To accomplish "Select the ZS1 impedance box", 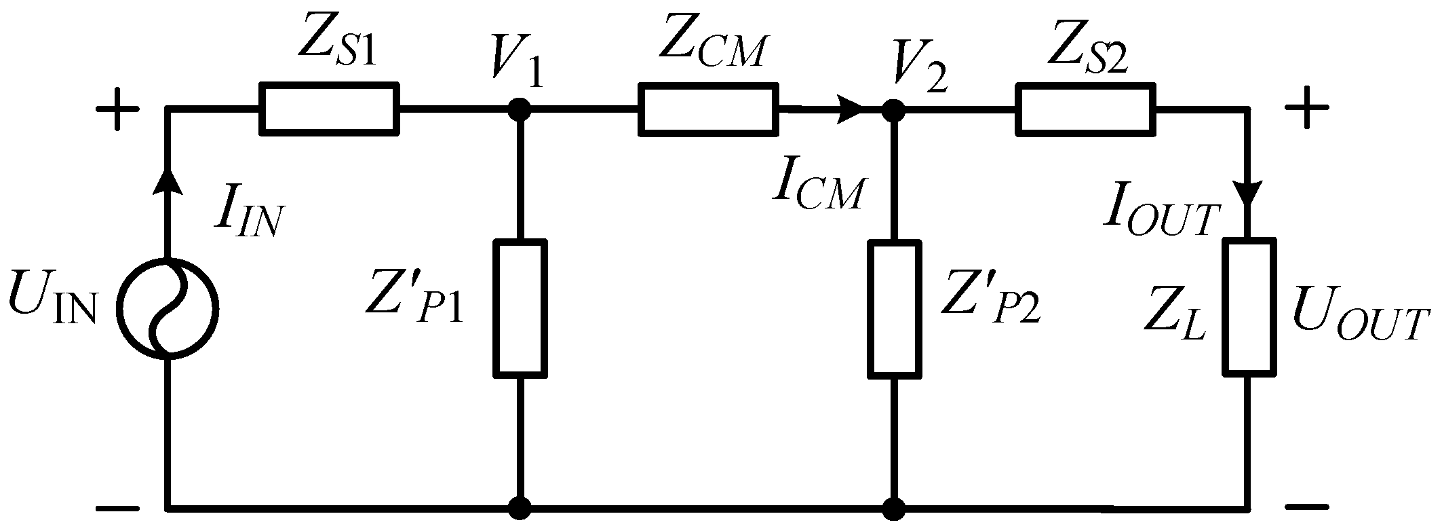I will pyautogui.click(x=328, y=108).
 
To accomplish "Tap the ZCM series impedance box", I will pyautogui.click(x=707, y=108).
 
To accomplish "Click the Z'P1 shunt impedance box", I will pyautogui.click(x=520, y=308).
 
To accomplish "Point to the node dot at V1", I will pyautogui.click(x=520, y=108).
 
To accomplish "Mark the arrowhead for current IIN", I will pyautogui.click(x=168, y=182).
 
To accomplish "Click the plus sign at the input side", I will pyautogui.click(x=117, y=109).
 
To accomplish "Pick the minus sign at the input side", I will pyautogui.click(x=117, y=507).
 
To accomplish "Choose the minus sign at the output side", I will pyautogui.click(x=1306, y=507).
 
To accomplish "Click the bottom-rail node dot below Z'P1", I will pyautogui.click(x=520, y=507).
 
